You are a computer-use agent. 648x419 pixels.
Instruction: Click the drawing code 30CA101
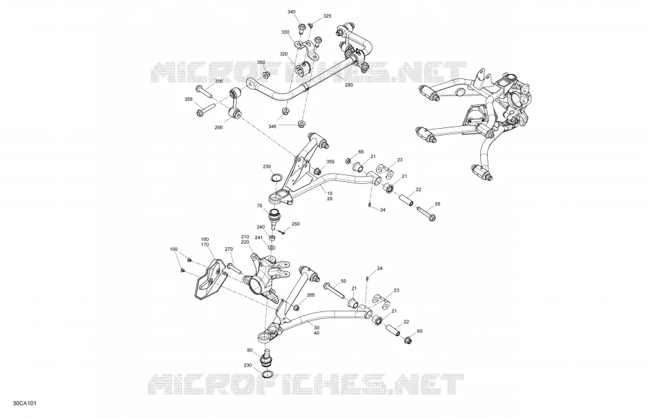[x=25, y=403]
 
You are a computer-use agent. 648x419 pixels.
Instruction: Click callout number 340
[x=291, y=12]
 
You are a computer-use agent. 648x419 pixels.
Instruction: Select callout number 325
[x=327, y=16]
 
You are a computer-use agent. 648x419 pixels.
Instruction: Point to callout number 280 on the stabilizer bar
[x=349, y=85]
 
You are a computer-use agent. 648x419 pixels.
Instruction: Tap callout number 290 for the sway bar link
[x=219, y=127]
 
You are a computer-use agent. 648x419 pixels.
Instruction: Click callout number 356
[x=219, y=81]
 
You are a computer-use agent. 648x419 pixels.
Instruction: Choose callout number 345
[x=272, y=126]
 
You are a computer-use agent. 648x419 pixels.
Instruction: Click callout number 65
[x=361, y=152]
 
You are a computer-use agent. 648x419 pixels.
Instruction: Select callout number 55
[x=438, y=204]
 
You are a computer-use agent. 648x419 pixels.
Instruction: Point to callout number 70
[x=259, y=205]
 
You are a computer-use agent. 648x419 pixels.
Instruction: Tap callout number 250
[x=295, y=223]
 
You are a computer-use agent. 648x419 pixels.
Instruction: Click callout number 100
[x=173, y=249]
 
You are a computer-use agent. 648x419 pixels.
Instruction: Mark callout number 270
[x=229, y=249]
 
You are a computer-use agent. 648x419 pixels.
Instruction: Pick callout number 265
[x=310, y=295]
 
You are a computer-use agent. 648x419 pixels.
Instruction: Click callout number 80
[x=250, y=350]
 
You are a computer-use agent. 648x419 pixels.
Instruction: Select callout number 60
[x=419, y=331]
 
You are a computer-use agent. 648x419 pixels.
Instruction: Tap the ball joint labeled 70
[x=274, y=219]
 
